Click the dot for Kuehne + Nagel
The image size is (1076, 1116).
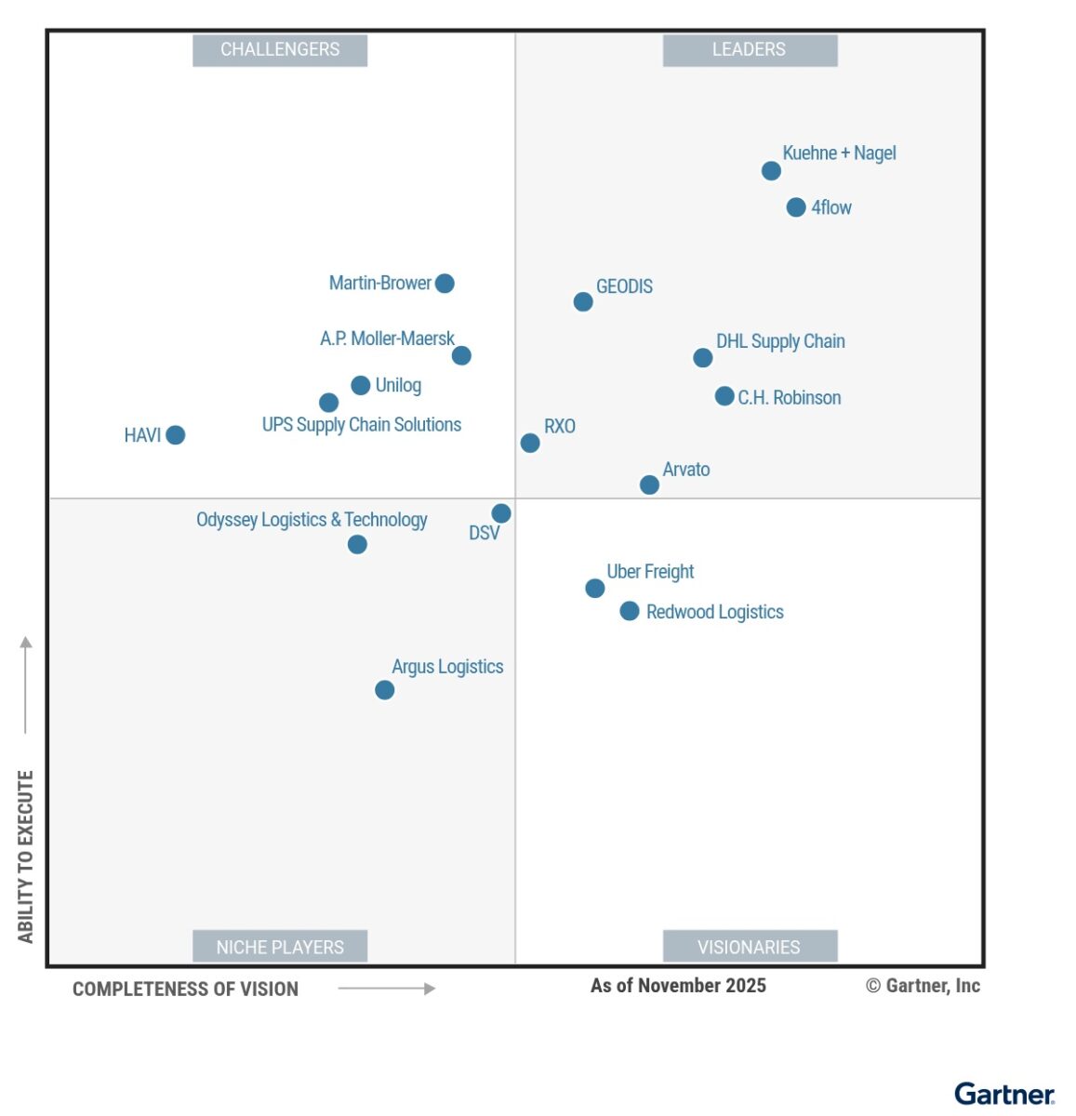(771, 170)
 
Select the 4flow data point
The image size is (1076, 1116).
(795, 207)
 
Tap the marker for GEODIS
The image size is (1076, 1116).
(583, 301)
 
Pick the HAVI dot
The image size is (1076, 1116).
(176, 434)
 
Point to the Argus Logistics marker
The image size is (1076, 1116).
(384, 690)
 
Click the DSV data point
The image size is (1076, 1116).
(500, 513)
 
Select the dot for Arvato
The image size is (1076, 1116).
(649, 485)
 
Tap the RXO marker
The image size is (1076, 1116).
(530, 443)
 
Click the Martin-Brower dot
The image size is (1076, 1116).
(445, 284)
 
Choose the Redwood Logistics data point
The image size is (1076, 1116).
(630, 611)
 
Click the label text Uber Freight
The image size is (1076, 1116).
(650, 571)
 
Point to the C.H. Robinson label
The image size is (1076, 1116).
(790, 397)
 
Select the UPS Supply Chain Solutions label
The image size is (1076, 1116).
(362, 425)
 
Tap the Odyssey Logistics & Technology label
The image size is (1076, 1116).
(312, 520)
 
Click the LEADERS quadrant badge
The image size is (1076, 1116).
(750, 50)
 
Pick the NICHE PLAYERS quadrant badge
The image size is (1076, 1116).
(280, 947)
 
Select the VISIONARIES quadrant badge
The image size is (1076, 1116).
(750, 947)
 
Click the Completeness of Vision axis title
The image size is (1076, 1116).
(185, 990)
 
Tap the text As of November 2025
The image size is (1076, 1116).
(678, 986)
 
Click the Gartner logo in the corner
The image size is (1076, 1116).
(1004, 1094)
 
